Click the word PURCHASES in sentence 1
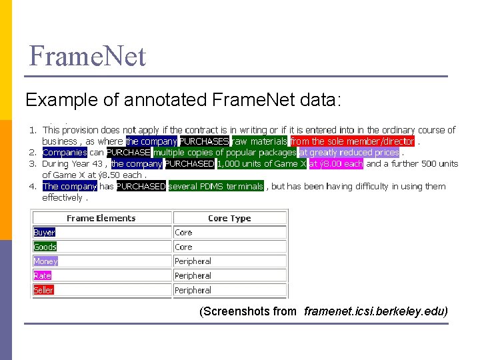204,141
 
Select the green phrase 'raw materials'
259,141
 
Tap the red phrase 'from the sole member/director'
352,141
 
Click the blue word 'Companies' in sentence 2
65,153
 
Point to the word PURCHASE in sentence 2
129,153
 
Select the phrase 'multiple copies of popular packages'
225,153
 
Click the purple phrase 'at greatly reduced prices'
349,153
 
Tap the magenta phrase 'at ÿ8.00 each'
336,164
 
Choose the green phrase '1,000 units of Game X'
262,164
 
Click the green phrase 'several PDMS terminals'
216,187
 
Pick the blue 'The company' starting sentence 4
69,187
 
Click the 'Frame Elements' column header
101,218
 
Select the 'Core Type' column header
229,218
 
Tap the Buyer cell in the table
45,233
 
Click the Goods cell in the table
45,247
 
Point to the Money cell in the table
46,261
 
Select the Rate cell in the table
43,276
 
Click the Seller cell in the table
43,291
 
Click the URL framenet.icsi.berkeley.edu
375,311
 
